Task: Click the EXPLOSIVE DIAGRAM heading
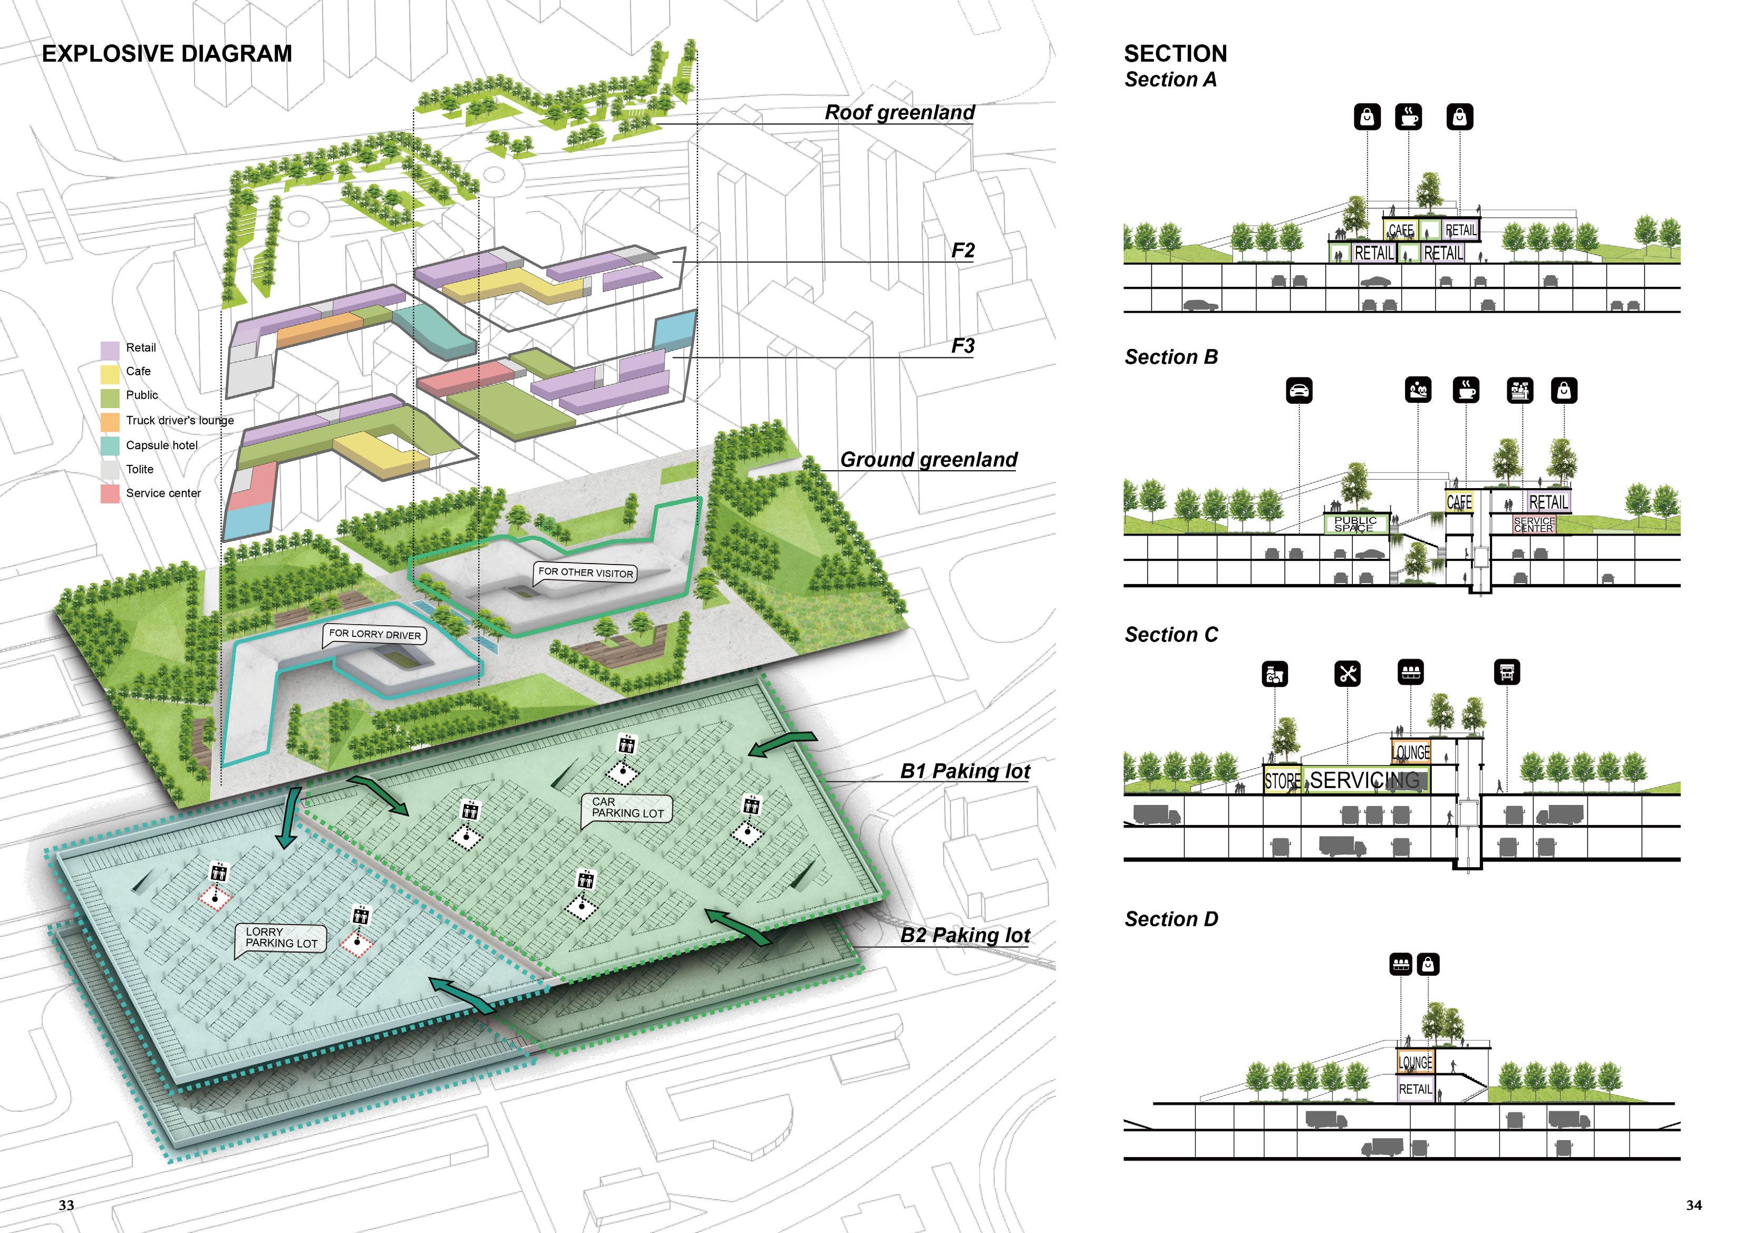[167, 54]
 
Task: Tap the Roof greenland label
[899, 112]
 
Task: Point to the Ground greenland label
[928, 460]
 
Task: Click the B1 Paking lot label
[965, 771]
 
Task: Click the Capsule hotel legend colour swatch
[110, 446]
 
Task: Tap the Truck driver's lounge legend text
[180, 420]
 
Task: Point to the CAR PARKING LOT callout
[627, 808]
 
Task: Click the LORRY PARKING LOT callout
[281, 937]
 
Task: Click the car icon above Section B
[1299, 391]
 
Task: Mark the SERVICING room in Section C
[1364, 780]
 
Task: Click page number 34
[1694, 1205]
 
